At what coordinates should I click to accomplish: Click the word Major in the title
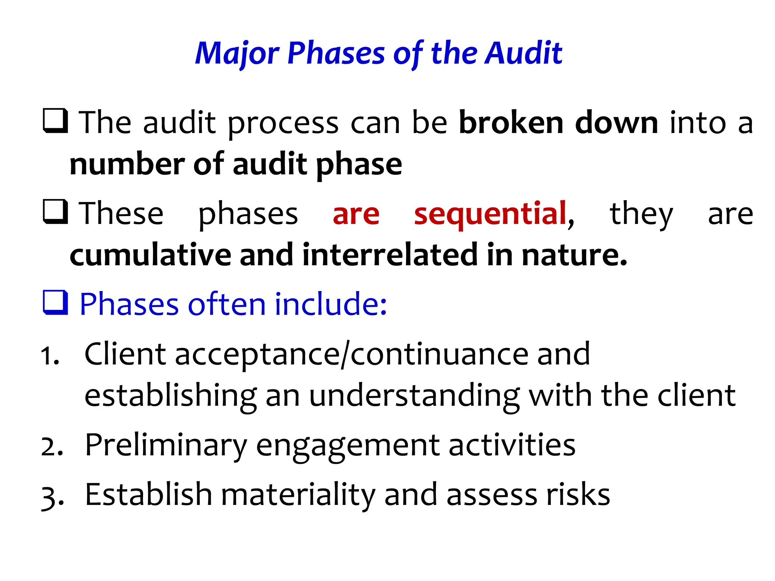point(237,54)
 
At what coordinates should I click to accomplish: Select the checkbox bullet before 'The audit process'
point(55,121)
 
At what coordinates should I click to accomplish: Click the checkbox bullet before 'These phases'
point(55,212)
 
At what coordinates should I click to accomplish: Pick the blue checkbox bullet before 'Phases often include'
point(55,303)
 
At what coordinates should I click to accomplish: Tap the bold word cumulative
point(150,255)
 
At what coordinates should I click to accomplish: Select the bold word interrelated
point(390,255)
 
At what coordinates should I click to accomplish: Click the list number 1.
point(50,356)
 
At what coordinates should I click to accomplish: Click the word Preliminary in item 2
point(166,446)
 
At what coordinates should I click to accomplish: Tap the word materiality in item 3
point(298,495)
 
